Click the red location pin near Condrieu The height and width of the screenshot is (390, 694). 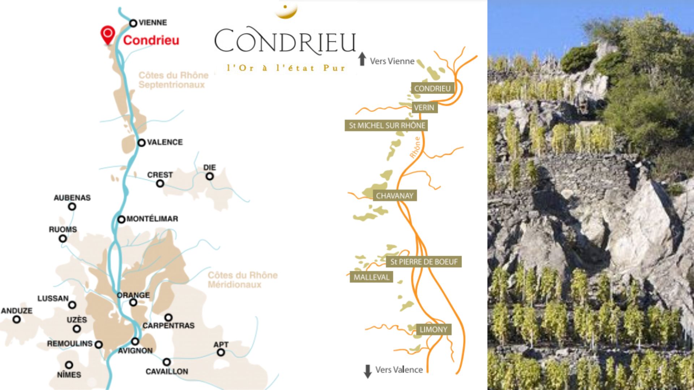[107, 34]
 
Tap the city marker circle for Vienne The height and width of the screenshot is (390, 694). [133, 23]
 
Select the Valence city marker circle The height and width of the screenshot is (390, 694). [141, 143]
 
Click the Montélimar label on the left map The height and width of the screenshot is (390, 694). [152, 219]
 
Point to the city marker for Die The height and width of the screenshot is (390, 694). [210, 176]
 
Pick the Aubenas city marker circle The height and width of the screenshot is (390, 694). [72, 207]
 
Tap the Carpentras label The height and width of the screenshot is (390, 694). [168, 325]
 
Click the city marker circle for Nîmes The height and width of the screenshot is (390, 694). [69, 365]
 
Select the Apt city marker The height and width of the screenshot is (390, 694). [220, 352]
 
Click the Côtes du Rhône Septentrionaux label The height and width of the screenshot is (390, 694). [173, 80]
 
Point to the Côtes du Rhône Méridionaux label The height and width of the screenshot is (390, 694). [243, 279]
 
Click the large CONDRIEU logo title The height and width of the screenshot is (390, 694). [285, 41]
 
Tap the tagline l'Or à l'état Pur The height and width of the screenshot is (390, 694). [286, 68]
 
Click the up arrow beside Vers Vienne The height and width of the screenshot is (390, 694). [362, 59]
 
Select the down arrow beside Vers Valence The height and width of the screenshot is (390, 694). [368, 371]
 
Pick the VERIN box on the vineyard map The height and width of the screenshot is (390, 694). [424, 107]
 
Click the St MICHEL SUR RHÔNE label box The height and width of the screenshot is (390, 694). [387, 125]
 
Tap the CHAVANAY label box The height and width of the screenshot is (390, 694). [394, 196]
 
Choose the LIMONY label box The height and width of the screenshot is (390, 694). [433, 329]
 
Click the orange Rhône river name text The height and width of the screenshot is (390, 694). [415, 147]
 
